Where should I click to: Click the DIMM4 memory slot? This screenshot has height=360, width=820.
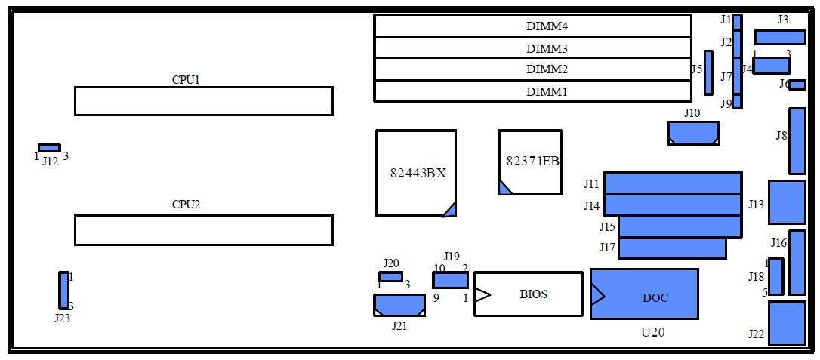(532, 26)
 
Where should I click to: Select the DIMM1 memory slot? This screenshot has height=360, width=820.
(532, 91)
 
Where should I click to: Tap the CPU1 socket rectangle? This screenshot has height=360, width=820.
(203, 101)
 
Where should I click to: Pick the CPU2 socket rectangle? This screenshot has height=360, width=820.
(203, 230)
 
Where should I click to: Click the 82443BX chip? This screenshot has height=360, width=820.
(416, 173)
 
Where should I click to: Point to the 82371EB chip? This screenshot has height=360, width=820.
(530, 162)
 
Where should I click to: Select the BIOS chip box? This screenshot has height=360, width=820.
(529, 294)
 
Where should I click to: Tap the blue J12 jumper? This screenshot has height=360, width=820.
(49, 148)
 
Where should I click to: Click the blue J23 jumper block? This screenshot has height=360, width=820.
(63, 291)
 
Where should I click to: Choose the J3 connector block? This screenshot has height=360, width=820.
(780, 37)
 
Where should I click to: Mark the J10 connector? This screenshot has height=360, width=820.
(693, 133)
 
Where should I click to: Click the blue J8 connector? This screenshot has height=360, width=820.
(797, 141)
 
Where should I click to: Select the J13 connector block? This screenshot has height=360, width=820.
(787, 202)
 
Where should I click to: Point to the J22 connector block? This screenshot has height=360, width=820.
(787, 323)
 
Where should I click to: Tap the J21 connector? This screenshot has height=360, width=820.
(399, 305)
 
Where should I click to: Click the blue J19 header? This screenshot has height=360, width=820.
(450, 280)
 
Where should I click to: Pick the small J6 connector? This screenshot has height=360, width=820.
(797, 85)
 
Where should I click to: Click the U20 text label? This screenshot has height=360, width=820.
(652, 332)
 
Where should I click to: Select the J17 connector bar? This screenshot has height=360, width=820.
(671, 248)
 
